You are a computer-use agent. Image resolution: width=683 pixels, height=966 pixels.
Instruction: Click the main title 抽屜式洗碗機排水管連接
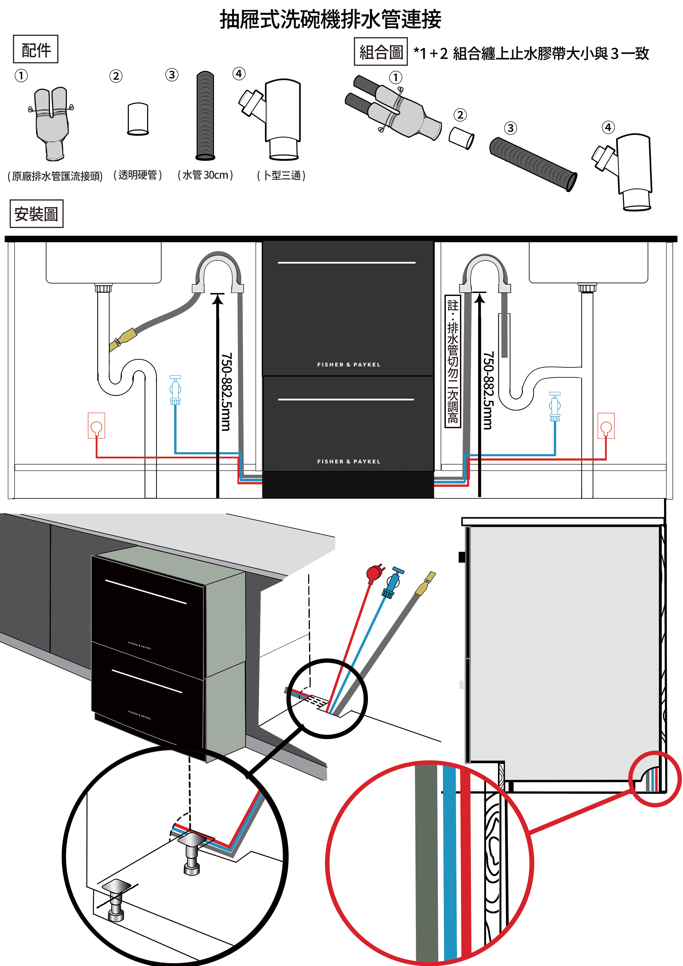point(330,20)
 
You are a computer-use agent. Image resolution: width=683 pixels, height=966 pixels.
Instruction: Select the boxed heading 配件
point(36,50)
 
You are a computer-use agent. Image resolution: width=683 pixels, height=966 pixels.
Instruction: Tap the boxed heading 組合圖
point(380,52)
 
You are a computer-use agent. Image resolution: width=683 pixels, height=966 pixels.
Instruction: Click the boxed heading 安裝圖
point(36,214)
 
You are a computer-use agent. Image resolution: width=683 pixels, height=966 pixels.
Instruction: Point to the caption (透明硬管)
point(138,175)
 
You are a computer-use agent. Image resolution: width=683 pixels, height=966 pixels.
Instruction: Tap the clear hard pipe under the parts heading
point(138,119)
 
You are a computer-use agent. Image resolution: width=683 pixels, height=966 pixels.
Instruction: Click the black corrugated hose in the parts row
point(205,116)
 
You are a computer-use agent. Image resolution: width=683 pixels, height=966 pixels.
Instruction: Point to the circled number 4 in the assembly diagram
point(608,127)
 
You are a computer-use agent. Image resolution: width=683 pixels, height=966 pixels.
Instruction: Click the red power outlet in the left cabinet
point(96,426)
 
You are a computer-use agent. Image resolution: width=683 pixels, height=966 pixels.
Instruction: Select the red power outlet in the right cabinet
point(606,426)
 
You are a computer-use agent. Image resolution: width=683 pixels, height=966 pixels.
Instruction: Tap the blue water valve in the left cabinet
point(175,390)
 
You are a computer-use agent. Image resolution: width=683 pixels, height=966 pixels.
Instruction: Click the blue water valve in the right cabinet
point(555,406)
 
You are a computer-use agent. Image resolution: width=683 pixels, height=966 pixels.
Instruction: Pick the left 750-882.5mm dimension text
point(226,391)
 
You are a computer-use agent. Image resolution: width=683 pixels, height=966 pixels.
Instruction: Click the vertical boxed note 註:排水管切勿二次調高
point(453,361)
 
